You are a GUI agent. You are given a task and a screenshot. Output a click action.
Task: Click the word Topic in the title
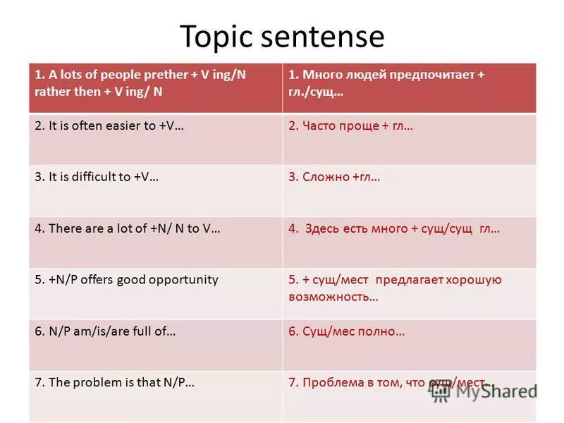[216, 37]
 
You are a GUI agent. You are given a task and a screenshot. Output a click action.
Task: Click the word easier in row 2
[121, 126]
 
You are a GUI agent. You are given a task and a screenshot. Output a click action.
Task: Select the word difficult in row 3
[95, 177]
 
